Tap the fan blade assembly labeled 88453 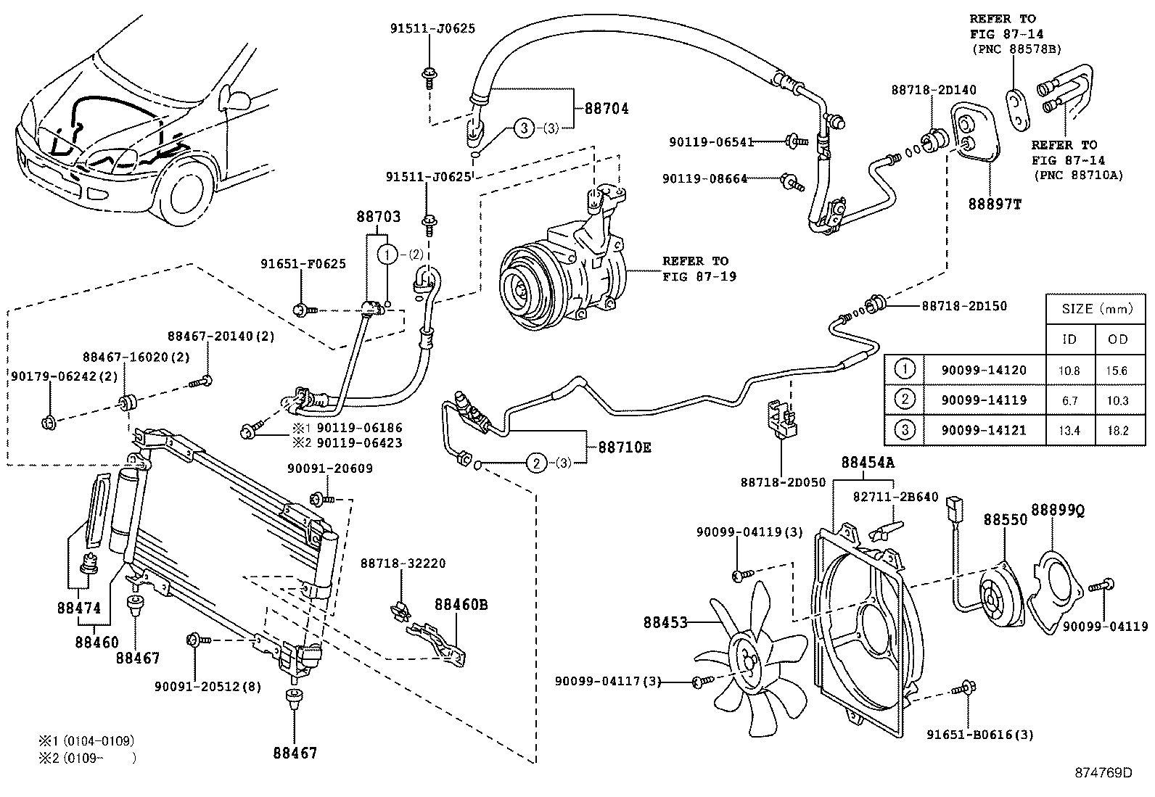click(x=755, y=656)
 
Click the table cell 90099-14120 click(x=984, y=370)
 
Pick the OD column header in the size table click(x=1118, y=339)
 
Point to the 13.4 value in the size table click(x=1069, y=430)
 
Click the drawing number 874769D click(x=1103, y=772)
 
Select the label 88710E click(x=624, y=447)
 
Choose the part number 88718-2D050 click(x=782, y=482)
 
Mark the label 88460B click(x=461, y=603)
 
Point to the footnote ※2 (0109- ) click(x=87, y=758)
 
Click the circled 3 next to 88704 click(x=524, y=128)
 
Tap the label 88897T click(x=994, y=204)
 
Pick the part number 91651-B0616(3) click(x=979, y=735)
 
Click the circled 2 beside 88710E click(x=535, y=463)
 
